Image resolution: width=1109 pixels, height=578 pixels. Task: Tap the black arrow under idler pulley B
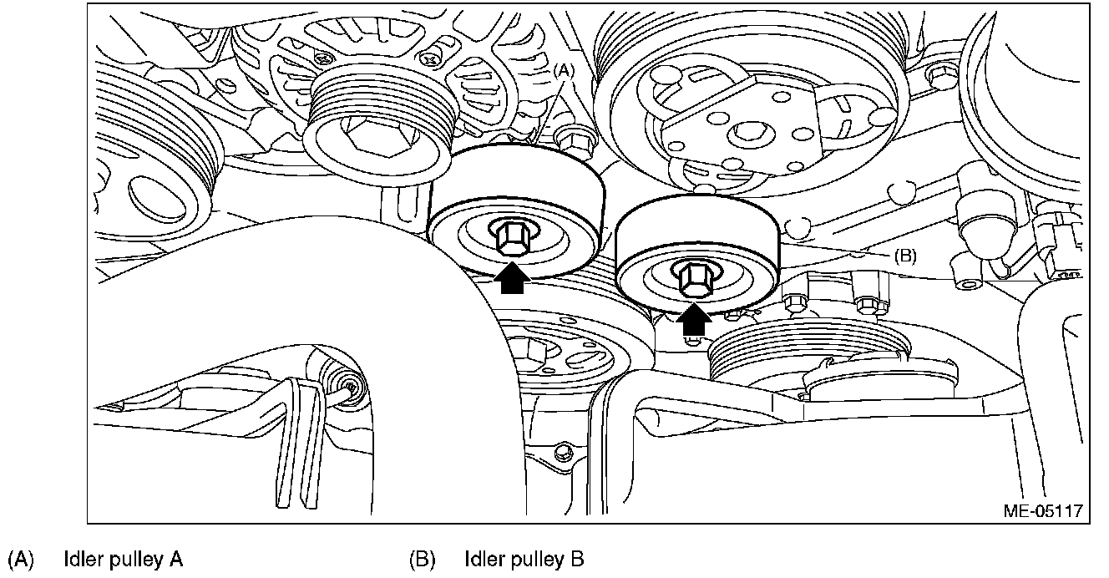[x=693, y=318]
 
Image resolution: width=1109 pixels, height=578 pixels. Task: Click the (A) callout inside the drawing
[x=563, y=72]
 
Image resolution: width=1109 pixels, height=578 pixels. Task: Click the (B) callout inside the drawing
[x=904, y=256]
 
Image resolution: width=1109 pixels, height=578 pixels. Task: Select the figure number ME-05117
[x=1043, y=510]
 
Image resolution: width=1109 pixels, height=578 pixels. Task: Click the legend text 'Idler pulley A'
[x=123, y=558]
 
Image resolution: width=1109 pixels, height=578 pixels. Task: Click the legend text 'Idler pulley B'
[x=524, y=558]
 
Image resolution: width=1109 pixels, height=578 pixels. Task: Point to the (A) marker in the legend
[x=20, y=558]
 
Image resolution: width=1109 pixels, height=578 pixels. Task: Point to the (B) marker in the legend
[x=422, y=558]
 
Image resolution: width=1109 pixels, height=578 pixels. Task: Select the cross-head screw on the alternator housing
[x=431, y=58]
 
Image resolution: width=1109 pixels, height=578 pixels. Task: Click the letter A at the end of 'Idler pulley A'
[x=176, y=558]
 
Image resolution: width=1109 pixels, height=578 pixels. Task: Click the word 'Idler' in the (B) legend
[x=481, y=558]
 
